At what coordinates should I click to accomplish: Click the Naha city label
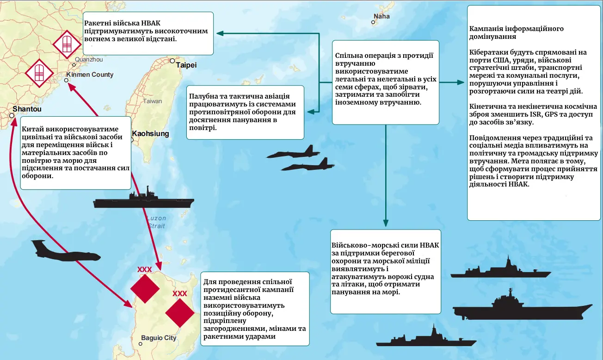click(381, 16)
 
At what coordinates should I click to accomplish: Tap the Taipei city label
click(186, 65)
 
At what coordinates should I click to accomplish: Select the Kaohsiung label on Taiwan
click(151, 134)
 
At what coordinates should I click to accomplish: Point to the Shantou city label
click(27, 109)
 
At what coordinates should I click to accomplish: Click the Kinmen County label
click(90, 74)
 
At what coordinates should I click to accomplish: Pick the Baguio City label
click(159, 338)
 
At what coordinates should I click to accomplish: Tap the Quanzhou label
click(88, 60)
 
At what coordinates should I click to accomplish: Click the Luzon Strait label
click(156, 222)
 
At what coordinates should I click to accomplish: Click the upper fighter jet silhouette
click(294, 153)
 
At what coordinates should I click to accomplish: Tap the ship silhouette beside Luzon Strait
click(143, 200)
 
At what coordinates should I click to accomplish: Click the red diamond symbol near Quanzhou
click(67, 45)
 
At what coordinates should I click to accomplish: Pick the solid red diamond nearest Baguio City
click(179, 313)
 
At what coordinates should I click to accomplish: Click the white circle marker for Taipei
click(172, 61)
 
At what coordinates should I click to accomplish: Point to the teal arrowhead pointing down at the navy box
click(385, 224)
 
